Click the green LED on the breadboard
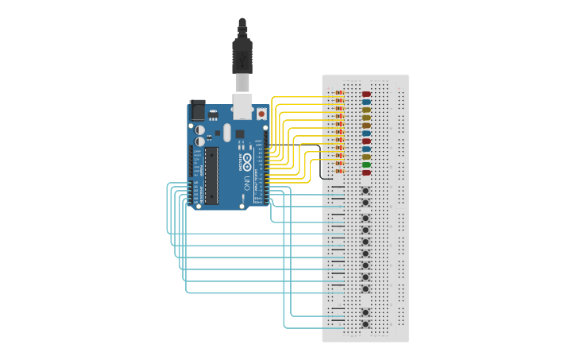(366, 165)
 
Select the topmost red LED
(366, 94)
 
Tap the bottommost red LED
(366, 172)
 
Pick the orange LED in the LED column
(366, 126)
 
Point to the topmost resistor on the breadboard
(339, 93)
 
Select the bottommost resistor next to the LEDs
(339, 172)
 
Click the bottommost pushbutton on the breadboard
(365, 324)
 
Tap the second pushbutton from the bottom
(365, 312)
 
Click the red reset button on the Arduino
(261, 114)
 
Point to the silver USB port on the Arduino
(242, 105)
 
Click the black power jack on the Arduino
(196, 110)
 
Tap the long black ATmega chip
(211, 173)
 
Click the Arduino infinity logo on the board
(248, 162)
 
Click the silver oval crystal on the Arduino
(226, 132)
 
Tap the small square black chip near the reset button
(240, 134)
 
